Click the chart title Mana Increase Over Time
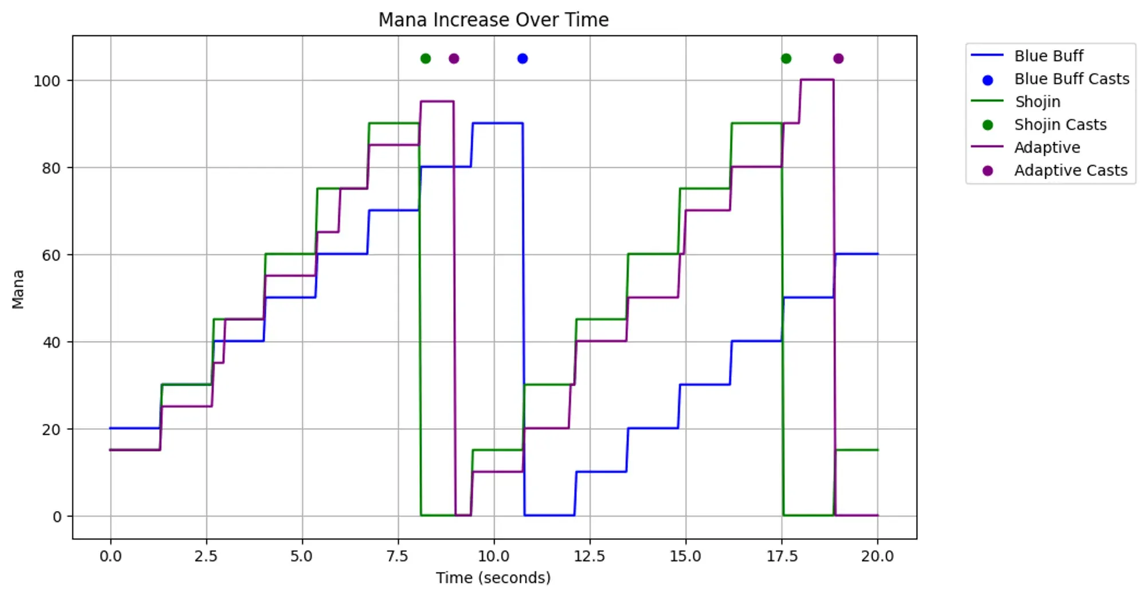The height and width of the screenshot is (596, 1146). coord(493,20)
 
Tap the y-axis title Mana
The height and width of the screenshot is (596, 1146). coord(18,289)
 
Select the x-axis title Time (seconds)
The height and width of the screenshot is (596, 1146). coord(493,578)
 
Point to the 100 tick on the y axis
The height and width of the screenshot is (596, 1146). coord(47,81)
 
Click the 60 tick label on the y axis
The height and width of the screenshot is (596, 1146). coord(51,255)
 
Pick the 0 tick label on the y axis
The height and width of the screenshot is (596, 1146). coord(57,517)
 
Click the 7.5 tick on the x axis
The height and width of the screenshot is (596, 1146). coord(398,556)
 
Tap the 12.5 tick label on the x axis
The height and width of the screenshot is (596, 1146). coord(590,556)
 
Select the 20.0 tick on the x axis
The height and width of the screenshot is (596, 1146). coord(877,556)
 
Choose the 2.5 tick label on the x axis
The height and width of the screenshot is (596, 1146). coord(206,556)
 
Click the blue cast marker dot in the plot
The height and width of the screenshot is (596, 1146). coord(523,58)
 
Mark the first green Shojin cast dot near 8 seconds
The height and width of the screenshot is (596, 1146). coord(426,58)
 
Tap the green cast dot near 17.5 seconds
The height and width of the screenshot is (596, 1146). coord(786,58)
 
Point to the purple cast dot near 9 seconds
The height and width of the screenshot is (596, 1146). coord(454,58)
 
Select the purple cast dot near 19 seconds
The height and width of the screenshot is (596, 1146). coord(838,58)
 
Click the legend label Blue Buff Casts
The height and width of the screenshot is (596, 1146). coord(1072,79)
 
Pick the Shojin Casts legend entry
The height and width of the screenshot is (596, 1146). coord(1060,125)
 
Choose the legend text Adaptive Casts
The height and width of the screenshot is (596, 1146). coord(1070,171)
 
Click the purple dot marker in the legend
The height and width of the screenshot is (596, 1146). coord(987,171)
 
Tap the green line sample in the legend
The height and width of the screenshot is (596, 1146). coord(987,101)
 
